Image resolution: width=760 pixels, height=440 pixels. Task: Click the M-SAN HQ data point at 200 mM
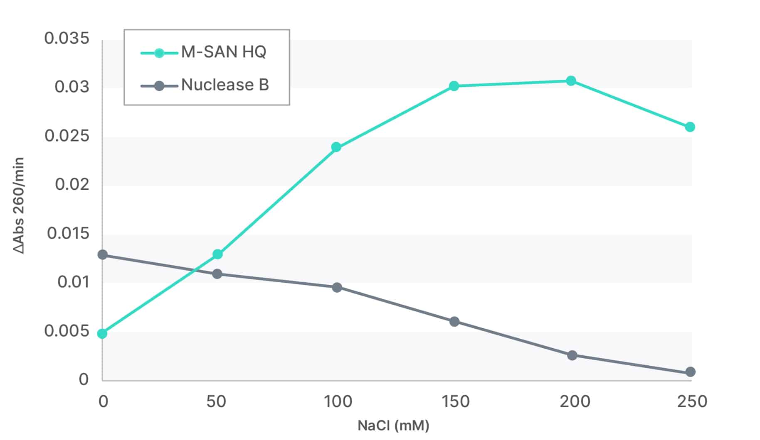click(571, 81)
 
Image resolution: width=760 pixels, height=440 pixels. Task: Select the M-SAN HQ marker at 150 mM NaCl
click(454, 86)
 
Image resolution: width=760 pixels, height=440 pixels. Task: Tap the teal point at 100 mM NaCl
click(336, 147)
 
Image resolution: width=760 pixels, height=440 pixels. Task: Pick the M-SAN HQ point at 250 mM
click(690, 127)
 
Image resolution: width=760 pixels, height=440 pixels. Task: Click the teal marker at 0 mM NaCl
click(102, 333)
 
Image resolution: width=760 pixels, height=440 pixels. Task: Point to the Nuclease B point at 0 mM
click(102, 254)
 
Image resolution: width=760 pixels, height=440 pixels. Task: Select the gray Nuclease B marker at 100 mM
click(337, 287)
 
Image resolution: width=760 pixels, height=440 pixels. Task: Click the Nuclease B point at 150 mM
click(454, 321)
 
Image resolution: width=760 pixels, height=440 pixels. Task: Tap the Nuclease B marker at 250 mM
click(690, 372)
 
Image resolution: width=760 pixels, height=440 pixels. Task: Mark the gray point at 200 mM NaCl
click(572, 355)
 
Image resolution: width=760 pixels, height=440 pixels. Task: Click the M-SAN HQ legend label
click(224, 52)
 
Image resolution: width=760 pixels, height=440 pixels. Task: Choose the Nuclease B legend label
click(225, 85)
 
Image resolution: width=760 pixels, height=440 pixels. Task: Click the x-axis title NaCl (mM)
click(393, 425)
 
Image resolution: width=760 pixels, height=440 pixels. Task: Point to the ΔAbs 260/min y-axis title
click(19, 205)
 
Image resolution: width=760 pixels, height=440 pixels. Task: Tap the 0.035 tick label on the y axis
click(67, 38)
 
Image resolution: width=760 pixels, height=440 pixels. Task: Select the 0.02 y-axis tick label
click(72, 184)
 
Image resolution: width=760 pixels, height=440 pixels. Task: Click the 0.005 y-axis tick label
click(67, 331)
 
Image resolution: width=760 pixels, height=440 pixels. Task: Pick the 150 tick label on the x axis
click(456, 401)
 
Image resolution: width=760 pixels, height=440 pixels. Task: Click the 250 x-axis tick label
click(692, 401)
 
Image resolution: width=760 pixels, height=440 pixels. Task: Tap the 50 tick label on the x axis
click(216, 401)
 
